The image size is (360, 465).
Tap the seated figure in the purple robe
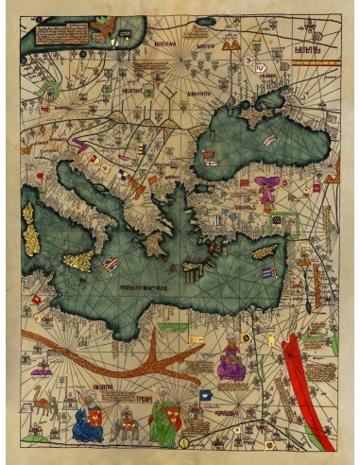[x=230, y=361]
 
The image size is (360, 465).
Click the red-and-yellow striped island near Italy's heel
[x=111, y=264]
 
